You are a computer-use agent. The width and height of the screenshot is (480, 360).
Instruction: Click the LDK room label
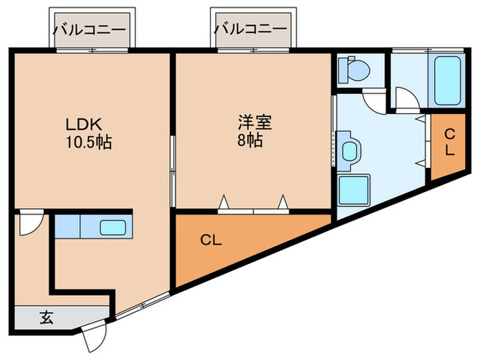pos(83,125)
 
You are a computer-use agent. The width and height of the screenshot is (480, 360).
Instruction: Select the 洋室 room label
pos(255,123)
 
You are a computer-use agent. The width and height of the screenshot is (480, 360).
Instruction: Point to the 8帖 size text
pos(250,141)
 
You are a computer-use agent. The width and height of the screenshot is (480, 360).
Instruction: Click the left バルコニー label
pos(90,30)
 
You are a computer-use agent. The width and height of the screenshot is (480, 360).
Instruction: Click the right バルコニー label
pos(251,29)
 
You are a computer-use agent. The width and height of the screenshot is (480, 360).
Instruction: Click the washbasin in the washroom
pos(349,150)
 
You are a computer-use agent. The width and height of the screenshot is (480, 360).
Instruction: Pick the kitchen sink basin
pos(111,227)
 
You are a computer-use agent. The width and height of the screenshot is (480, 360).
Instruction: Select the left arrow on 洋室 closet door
pos(224,201)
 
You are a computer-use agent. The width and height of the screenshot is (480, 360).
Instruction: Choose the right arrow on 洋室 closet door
pos(283,201)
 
